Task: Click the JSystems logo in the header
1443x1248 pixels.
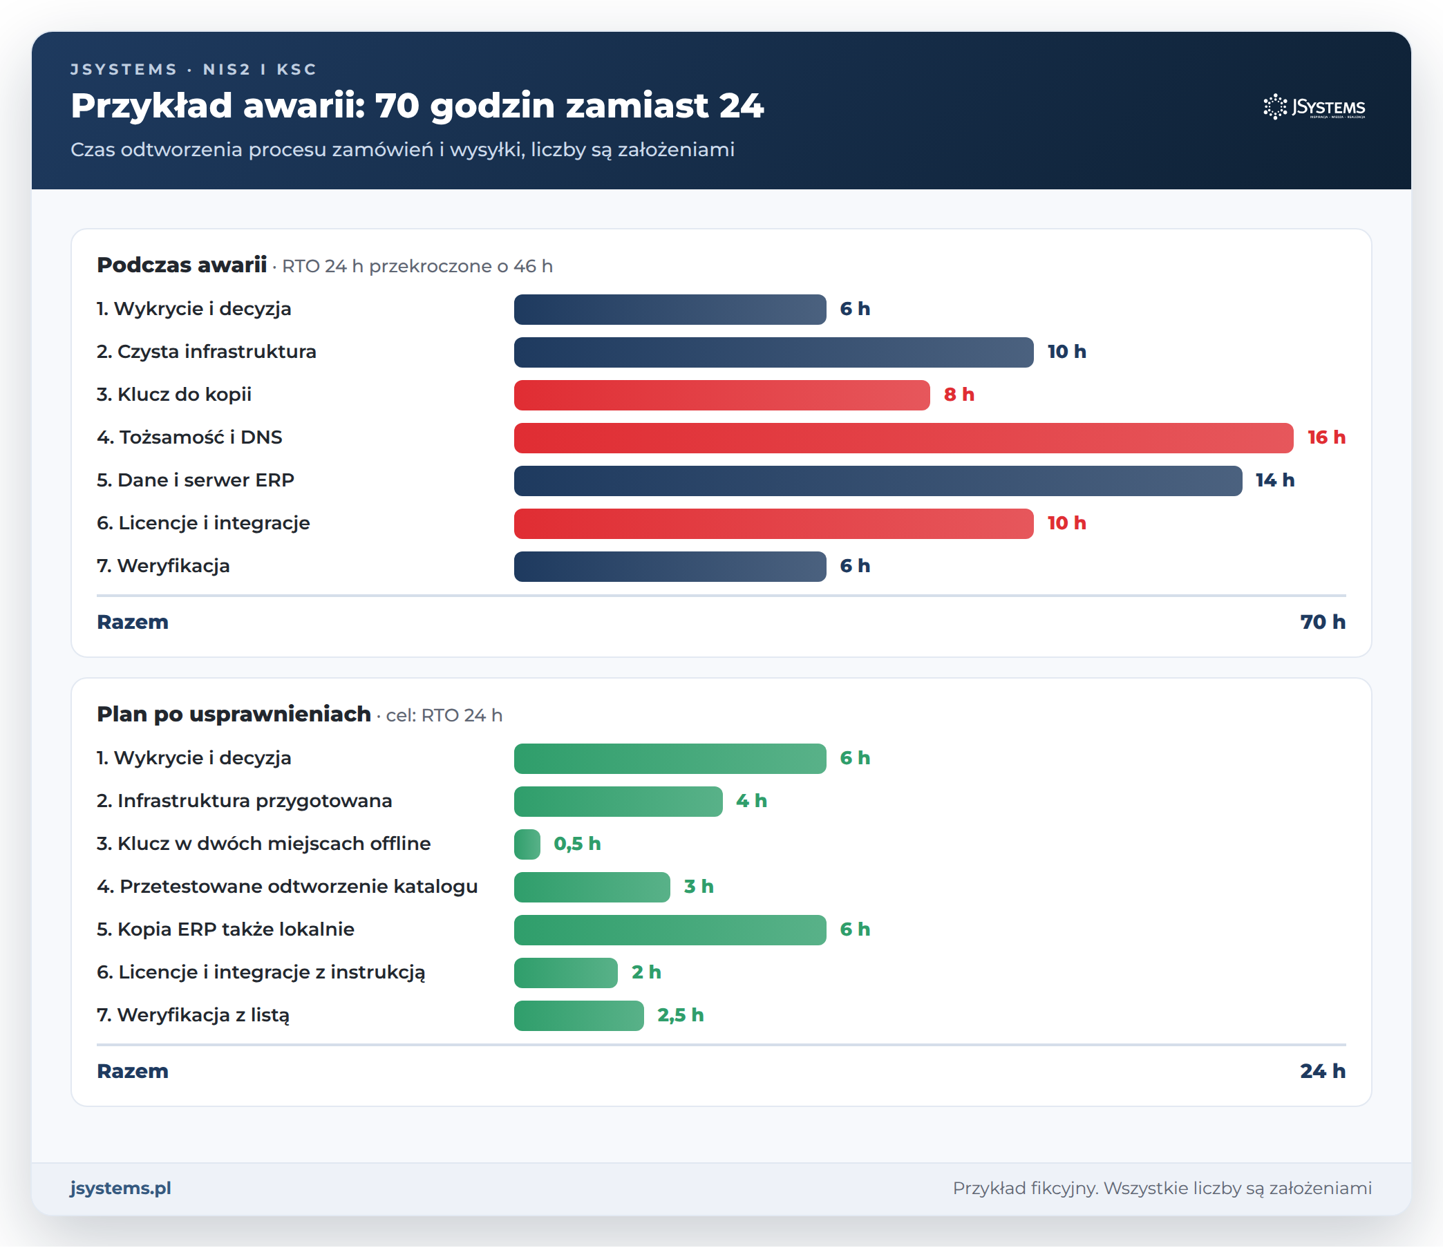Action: tap(1314, 106)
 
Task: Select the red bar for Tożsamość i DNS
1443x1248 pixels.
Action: tap(903, 438)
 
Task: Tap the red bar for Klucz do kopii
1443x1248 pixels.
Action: tap(721, 395)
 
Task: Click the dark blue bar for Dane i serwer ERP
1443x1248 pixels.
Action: tap(878, 480)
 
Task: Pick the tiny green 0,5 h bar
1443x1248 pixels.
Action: tap(527, 844)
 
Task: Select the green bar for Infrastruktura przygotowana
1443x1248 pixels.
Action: tap(619, 802)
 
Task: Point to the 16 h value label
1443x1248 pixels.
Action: tap(1326, 437)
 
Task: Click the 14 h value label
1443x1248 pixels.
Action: tap(1274, 480)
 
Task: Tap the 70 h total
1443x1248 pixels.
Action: tap(1323, 622)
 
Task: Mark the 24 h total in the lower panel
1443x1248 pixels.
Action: tap(1323, 1071)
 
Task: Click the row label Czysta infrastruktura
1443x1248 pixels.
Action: tap(207, 352)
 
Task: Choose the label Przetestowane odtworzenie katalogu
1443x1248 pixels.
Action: tap(287, 887)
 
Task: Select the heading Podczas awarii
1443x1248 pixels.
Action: tap(182, 265)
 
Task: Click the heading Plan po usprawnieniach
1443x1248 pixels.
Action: tap(234, 715)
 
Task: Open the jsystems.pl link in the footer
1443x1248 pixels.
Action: tap(120, 1189)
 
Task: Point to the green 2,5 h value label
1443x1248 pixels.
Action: tap(681, 1015)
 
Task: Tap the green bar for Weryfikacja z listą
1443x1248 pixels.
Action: tap(578, 1016)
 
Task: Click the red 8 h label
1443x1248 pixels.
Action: tap(959, 395)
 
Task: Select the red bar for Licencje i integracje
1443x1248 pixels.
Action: tap(774, 524)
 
